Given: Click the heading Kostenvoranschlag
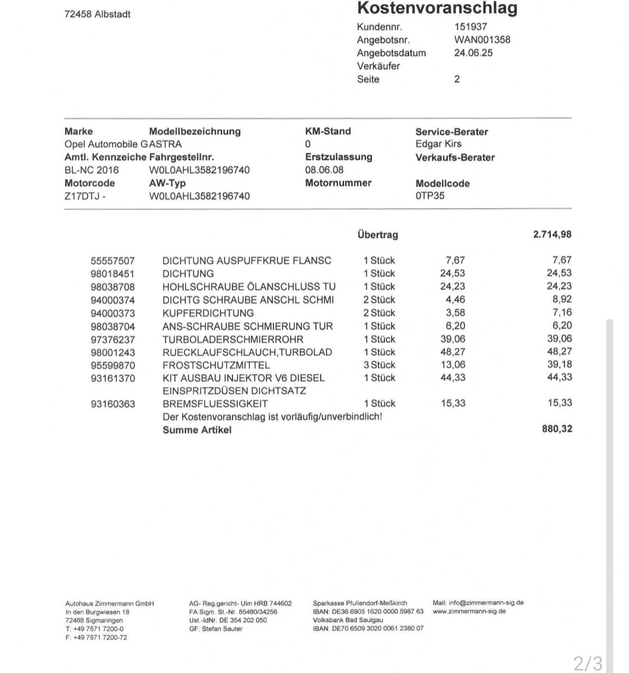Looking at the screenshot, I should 437,9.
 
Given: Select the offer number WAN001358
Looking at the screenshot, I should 482,40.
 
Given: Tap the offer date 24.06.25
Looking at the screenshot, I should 473,52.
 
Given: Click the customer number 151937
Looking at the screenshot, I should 470,26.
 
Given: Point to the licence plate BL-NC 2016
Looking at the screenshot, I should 92,170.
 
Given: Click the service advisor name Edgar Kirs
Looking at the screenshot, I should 438,143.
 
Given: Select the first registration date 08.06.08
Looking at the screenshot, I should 324,170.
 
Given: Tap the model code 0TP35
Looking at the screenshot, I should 430,195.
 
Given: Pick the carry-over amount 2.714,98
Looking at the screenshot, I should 552,234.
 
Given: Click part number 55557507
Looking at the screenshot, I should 113,261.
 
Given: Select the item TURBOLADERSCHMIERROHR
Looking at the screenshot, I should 233,339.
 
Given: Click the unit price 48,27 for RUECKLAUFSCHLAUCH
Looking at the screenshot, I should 452,352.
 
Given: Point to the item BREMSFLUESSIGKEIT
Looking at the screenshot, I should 215,404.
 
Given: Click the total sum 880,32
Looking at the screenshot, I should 557,429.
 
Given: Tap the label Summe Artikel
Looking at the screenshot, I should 196,430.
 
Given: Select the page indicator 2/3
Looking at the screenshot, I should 588,663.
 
